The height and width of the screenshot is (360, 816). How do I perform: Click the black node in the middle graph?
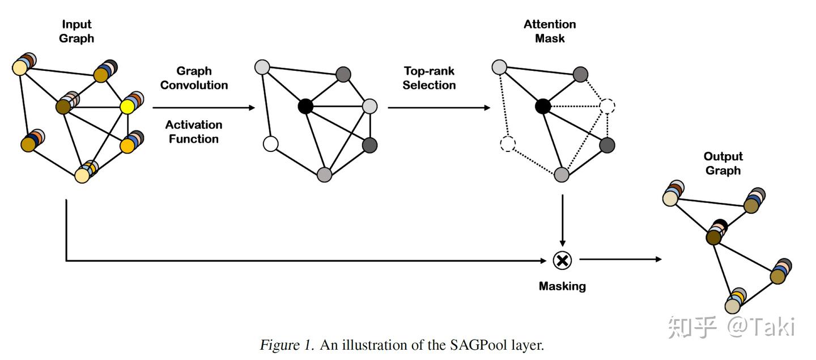(305, 106)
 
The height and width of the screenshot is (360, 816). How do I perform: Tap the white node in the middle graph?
(271, 144)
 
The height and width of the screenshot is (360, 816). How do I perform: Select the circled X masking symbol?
(562, 260)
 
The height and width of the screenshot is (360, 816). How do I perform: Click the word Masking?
(562, 286)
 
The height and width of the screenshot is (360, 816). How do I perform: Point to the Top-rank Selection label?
(429, 78)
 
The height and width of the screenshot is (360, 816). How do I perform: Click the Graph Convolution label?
(194, 78)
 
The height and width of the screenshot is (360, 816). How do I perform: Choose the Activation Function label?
(194, 132)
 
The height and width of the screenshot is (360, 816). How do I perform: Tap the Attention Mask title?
(550, 32)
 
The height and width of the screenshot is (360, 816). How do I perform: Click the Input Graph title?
(76, 32)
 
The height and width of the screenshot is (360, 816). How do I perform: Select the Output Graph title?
(723, 163)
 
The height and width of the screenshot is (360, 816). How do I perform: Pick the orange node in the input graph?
(127, 146)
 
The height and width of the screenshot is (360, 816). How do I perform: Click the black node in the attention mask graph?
(543, 106)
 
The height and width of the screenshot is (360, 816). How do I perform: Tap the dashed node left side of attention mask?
(508, 144)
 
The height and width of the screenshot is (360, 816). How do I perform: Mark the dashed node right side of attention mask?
(607, 106)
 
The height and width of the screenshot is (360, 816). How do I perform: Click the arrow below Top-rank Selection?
(439, 107)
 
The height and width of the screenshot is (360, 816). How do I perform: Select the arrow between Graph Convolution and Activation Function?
(204, 107)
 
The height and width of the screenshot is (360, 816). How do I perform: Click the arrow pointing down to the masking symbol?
(562, 221)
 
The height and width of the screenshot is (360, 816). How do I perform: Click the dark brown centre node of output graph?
(713, 237)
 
